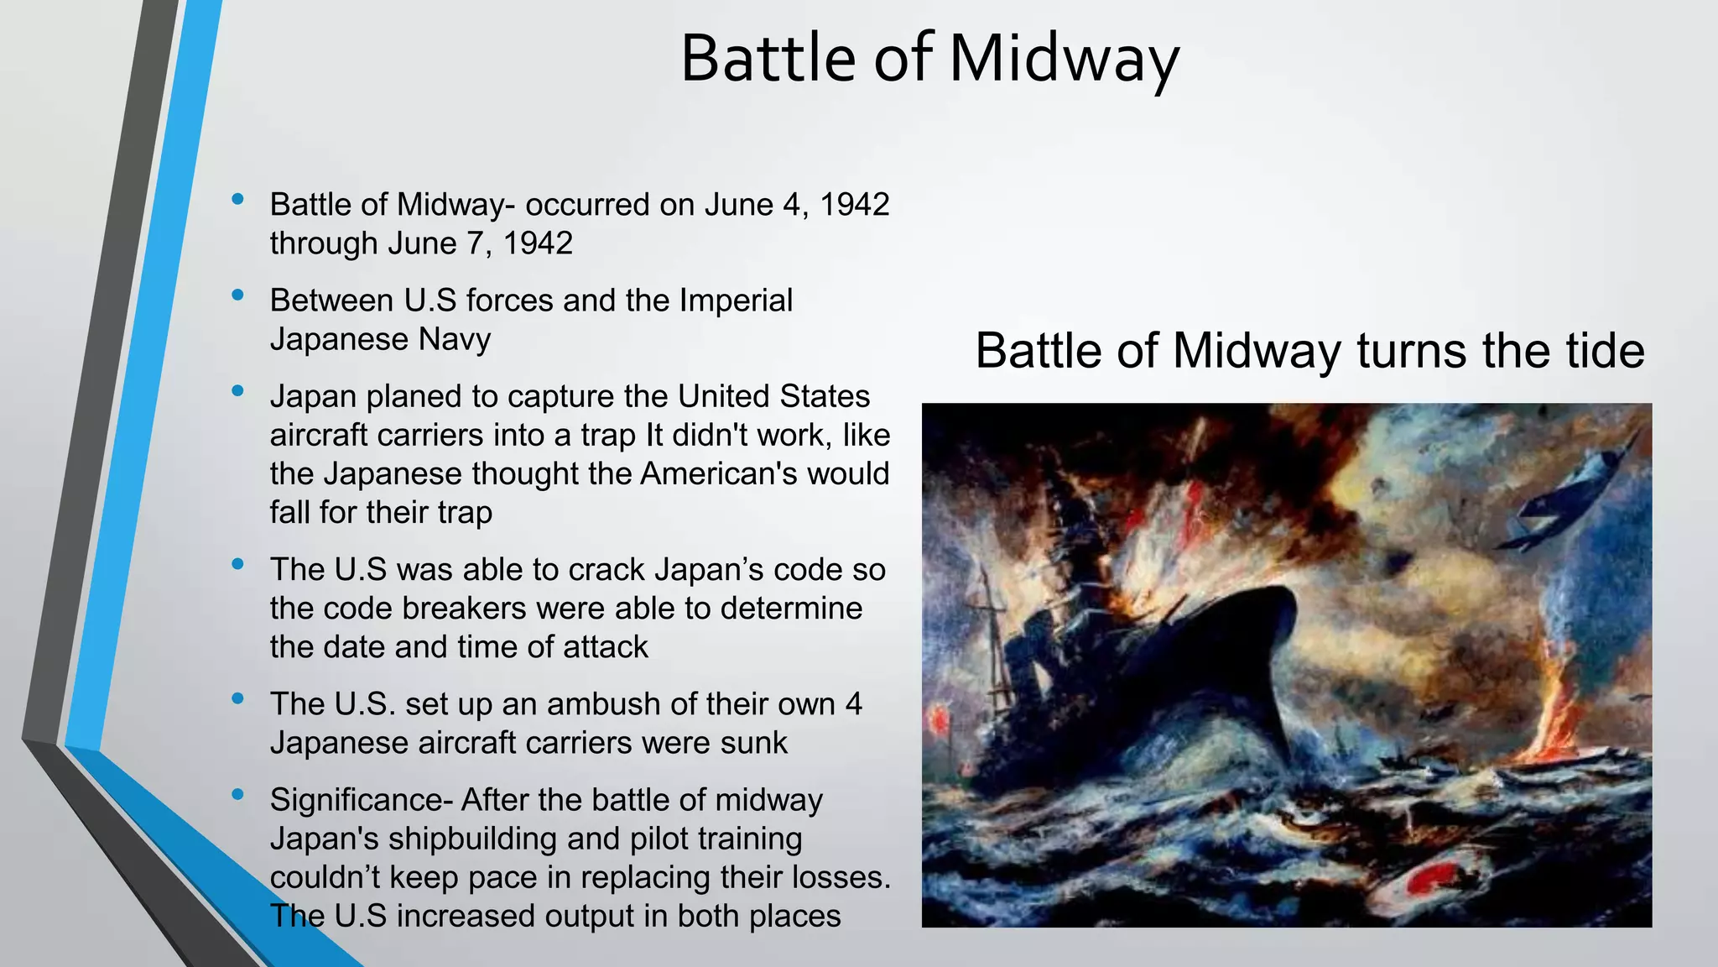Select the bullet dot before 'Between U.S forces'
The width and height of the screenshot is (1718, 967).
[238, 295]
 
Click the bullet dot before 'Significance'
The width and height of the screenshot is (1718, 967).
[238, 794]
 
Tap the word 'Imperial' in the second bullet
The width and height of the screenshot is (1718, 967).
[736, 301]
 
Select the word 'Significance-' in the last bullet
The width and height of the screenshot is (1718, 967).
[362, 801]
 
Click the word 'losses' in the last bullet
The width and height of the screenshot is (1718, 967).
[830, 877]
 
